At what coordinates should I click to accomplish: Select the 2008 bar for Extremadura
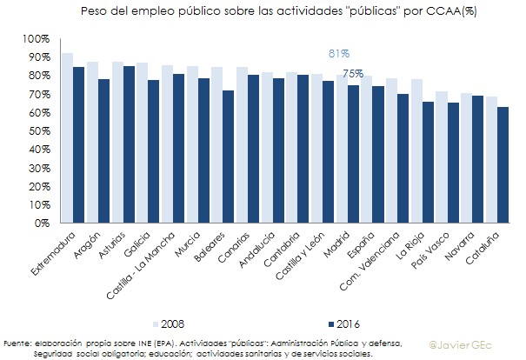tap(67, 139)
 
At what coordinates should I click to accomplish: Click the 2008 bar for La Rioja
tap(417, 150)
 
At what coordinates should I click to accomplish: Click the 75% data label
tap(353, 75)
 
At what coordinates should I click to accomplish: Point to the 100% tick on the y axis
tap(36, 40)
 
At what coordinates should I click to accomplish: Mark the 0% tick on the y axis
tap(41, 223)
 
